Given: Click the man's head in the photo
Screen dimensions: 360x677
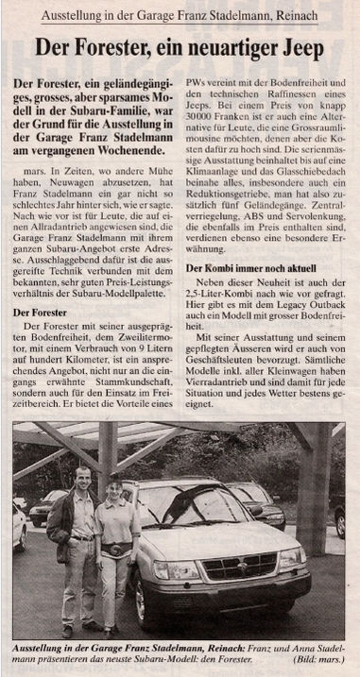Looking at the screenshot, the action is (x=83, y=477).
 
